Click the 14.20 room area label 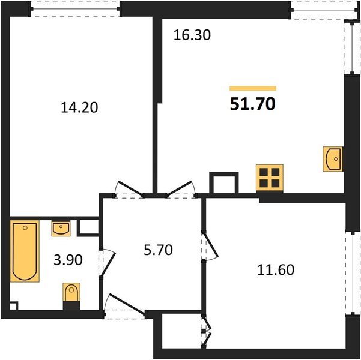(79, 107)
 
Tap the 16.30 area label (192, 35)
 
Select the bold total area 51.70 (252, 104)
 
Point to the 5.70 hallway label (158, 250)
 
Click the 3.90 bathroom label (68, 260)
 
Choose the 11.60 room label (276, 270)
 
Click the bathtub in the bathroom (25, 251)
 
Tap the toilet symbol (71, 292)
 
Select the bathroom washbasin (61, 229)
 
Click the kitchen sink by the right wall (333, 159)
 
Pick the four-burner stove (270, 178)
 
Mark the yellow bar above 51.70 (253, 88)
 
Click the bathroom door (107, 263)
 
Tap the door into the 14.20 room (130, 189)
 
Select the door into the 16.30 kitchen (181, 189)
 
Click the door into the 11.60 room (210, 245)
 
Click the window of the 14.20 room (75, 9)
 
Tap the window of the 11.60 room (353, 273)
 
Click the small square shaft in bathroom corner (13, 306)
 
